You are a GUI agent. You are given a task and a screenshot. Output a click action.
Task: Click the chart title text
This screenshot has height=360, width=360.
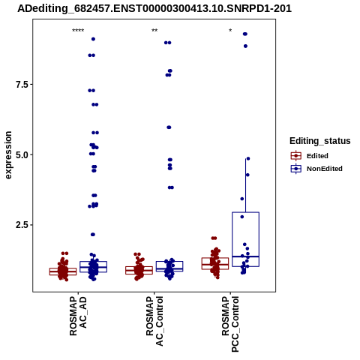pos(154,8)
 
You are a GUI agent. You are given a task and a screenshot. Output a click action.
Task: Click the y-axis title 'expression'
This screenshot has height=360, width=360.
pos(8,155)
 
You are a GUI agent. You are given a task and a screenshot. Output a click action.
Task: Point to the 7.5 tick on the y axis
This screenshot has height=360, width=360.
pos(21,85)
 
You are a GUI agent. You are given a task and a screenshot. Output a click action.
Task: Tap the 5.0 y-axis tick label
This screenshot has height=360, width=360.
pos(21,154)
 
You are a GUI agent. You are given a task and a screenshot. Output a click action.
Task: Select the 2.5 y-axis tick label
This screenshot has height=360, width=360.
pos(21,225)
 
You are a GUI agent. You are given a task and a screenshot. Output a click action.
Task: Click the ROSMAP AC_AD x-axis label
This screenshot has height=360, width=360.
pos(78,316)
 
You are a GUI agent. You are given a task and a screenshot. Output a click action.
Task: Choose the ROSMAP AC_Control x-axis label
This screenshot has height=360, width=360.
pos(154,321)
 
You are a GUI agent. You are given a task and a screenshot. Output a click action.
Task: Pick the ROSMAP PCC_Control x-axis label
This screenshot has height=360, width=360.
pos(230,324)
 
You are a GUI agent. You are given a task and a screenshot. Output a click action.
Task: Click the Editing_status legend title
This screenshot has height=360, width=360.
pos(320,141)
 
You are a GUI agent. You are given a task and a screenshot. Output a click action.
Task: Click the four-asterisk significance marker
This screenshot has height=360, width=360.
pos(78,31)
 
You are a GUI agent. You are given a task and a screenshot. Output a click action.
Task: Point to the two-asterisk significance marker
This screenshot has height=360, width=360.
pos(154,31)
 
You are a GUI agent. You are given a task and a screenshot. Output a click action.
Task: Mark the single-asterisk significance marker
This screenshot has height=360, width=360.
pos(230,30)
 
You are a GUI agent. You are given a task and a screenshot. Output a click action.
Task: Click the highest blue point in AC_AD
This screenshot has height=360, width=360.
pos(93,39)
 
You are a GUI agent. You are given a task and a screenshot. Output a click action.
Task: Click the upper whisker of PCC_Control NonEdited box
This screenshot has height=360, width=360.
pos(246,185)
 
